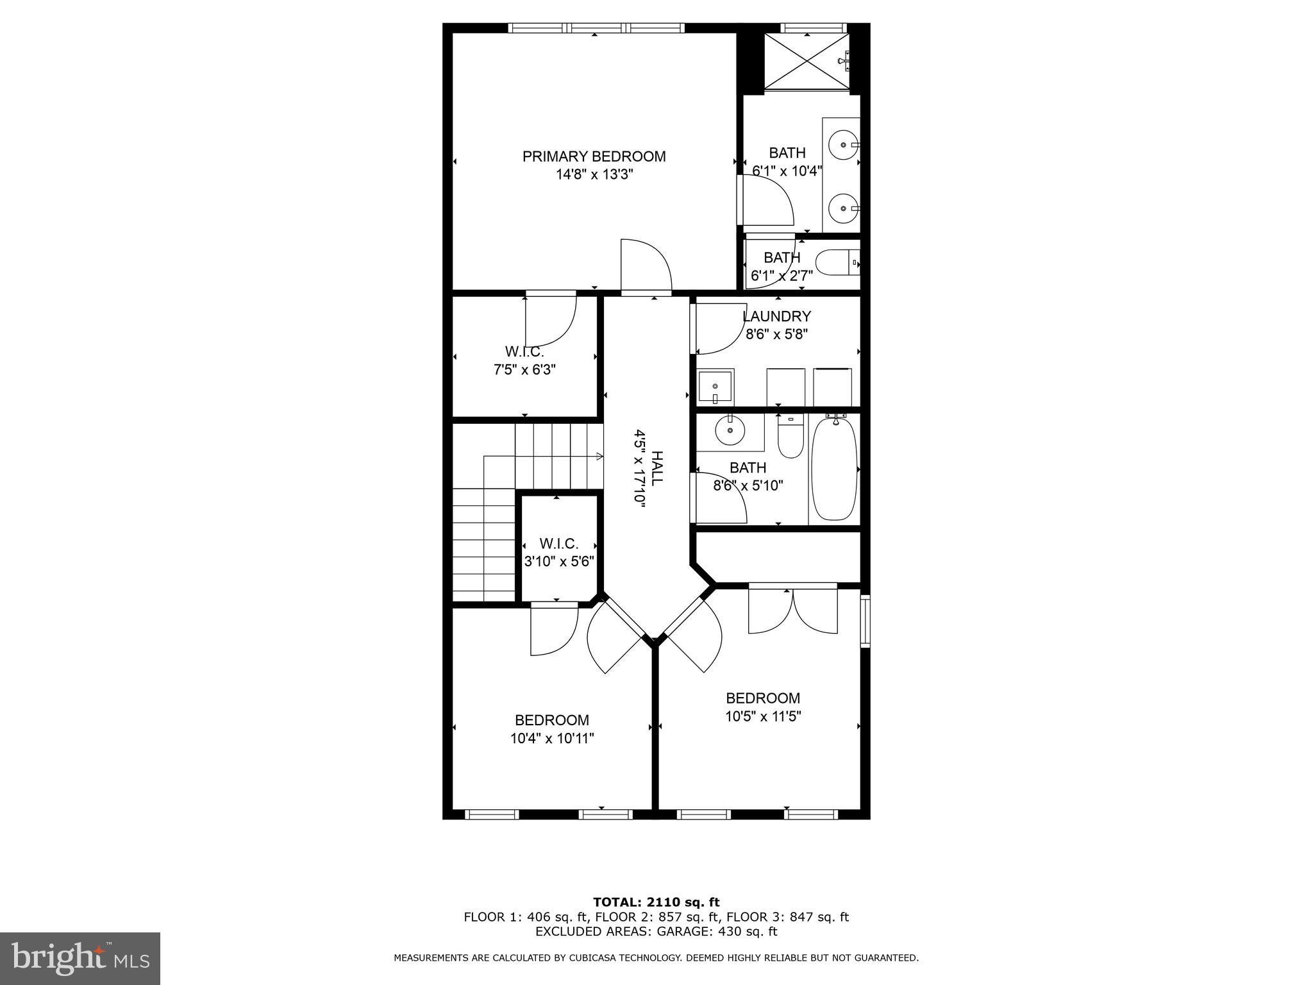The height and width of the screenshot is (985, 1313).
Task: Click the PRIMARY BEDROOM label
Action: coord(594,156)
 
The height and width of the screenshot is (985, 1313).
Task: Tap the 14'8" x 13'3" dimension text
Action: coord(594,174)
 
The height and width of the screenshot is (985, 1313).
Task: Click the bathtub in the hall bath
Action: coord(834,468)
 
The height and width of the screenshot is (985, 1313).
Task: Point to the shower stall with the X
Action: coord(807,61)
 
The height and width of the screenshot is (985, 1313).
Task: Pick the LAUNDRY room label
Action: coord(776,316)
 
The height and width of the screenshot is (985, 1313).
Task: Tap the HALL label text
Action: coord(657,468)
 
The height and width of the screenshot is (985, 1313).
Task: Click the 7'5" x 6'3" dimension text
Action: coord(524,370)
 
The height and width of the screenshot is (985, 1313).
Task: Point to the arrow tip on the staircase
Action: coord(601,457)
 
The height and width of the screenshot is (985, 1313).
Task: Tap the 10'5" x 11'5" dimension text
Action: coord(763,716)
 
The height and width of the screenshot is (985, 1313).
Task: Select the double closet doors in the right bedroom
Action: coord(793,609)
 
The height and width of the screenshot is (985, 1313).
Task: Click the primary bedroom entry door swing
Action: coord(645,266)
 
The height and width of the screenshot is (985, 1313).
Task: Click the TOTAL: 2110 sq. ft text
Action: coord(656,902)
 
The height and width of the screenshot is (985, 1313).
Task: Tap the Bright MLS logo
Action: coord(79,959)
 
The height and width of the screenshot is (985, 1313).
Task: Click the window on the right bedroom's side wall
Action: coord(865,619)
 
